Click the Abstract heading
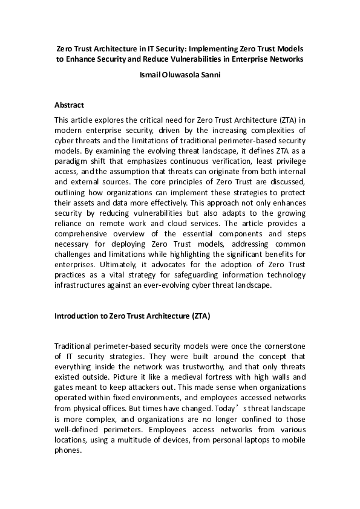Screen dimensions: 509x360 coord(69,104)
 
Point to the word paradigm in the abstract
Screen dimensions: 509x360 coord(73,170)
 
